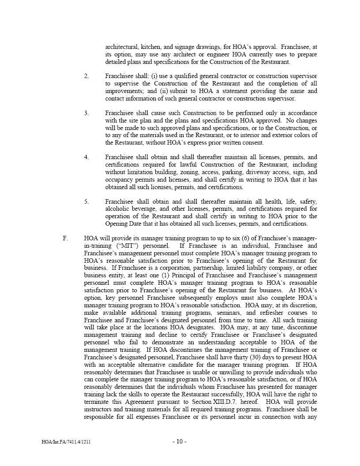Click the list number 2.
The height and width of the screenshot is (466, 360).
click(86, 76)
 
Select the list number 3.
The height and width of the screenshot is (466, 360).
click(86, 113)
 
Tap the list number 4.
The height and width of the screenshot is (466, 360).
click(86, 157)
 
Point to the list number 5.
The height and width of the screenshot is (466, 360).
click(86, 202)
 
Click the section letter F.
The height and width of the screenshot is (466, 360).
click(65, 239)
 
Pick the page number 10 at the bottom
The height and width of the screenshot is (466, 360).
click(180, 442)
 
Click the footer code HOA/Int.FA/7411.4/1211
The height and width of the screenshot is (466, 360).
click(66, 442)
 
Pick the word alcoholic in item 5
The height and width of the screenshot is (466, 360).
click(118, 209)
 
